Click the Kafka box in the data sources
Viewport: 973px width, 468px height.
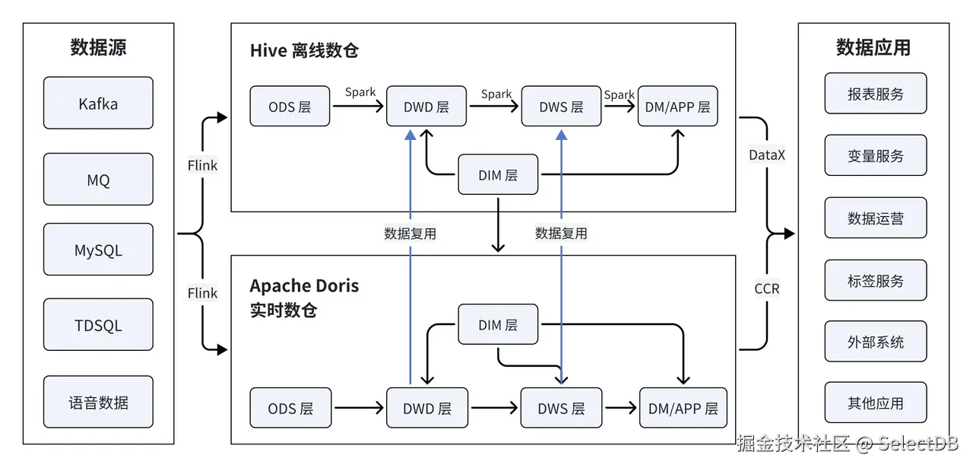pyautogui.click(x=98, y=103)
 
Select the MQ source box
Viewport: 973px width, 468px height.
pyautogui.click(x=98, y=180)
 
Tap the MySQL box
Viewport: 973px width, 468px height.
pyautogui.click(x=98, y=250)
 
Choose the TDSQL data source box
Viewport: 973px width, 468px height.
pyautogui.click(x=98, y=325)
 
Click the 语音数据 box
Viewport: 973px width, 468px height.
pyautogui.click(x=98, y=401)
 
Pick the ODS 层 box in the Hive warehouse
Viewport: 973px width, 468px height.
pyautogui.click(x=290, y=107)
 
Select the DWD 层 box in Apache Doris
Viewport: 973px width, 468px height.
pyautogui.click(x=427, y=408)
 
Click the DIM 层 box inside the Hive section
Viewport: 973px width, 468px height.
pyautogui.click(x=498, y=175)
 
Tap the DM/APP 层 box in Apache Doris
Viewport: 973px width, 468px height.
pyautogui.click(x=683, y=408)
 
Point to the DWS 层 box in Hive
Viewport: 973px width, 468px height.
pyautogui.click(x=561, y=107)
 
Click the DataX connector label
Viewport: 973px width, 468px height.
pyautogui.click(x=767, y=155)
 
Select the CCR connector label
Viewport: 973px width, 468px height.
pyautogui.click(x=766, y=288)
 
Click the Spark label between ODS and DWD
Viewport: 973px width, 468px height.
pyautogui.click(x=360, y=92)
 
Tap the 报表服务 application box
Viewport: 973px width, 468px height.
pyautogui.click(x=876, y=94)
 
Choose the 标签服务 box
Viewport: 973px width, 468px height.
pyautogui.click(x=876, y=281)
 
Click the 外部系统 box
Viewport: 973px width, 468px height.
pyautogui.click(x=876, y=342)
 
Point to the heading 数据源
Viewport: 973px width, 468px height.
pyautogui.click(x=98, y=47)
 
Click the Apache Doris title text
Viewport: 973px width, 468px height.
pyautogui.click(x=304, y=287)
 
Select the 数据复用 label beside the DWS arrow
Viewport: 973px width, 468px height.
pyautogui.click(x=561, y=233)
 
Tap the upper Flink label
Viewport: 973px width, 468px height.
pyautogui.click(x=202, y=165)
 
